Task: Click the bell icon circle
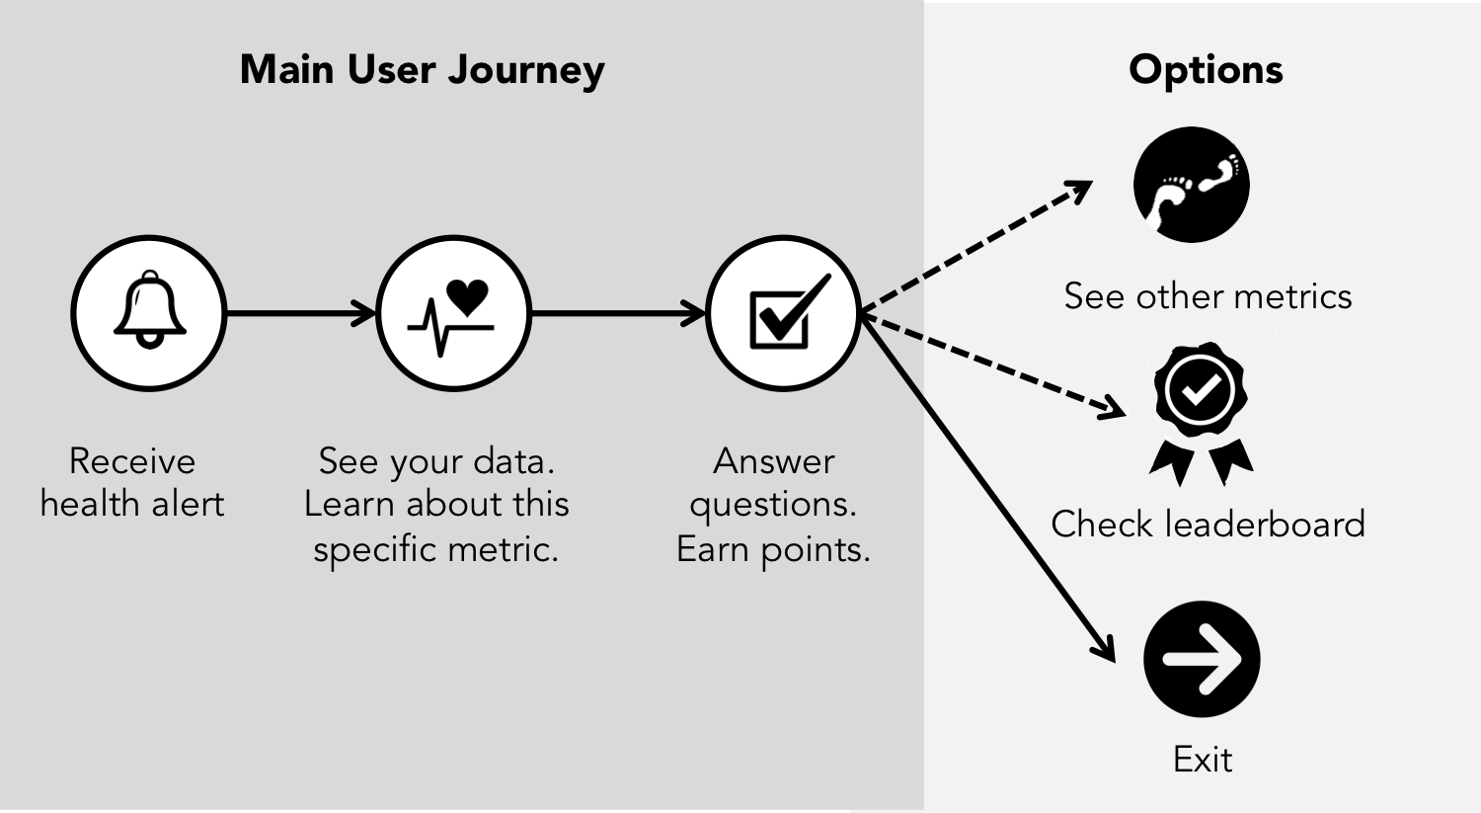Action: click(149, 313)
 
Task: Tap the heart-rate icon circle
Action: click(453, 313)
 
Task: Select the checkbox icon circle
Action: click(784, 313)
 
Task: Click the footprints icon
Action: click(1192, 185)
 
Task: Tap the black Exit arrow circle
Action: click(1202, 659)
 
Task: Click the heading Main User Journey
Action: click(423, 70)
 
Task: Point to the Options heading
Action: click(1206, 70)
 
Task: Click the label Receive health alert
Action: click(132, 482)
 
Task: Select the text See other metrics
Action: click(1208, 296)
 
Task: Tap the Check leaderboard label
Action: click(1208, 524)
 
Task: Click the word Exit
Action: click(1203, 759)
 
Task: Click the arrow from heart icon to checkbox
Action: click(618, 314)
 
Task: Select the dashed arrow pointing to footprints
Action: click(977, 247)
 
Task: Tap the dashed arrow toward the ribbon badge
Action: click(992, 365)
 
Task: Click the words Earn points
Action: click(773, 549)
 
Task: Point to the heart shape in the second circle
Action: click(467, 295)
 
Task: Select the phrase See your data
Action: click(436, 461)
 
